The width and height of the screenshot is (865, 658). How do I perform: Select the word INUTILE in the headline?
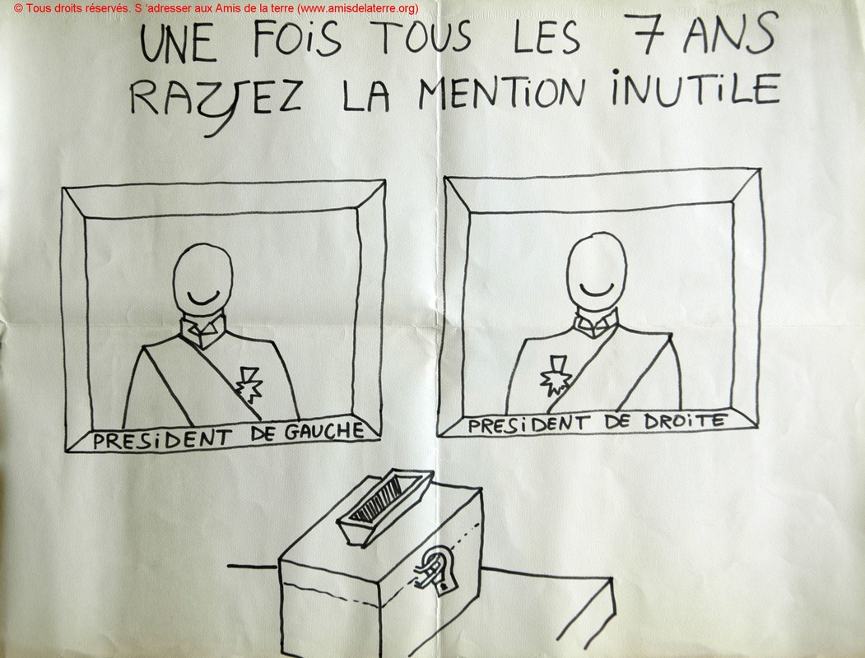coord(696,88)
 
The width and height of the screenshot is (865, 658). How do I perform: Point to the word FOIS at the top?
coord(297,39)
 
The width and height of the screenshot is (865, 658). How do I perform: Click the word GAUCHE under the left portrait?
coord(323,432)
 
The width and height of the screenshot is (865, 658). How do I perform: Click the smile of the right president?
coord(597,289)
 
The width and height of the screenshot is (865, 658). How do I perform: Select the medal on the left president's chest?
coord(248,384)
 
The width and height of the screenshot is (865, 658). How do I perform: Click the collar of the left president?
coord(203,329)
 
